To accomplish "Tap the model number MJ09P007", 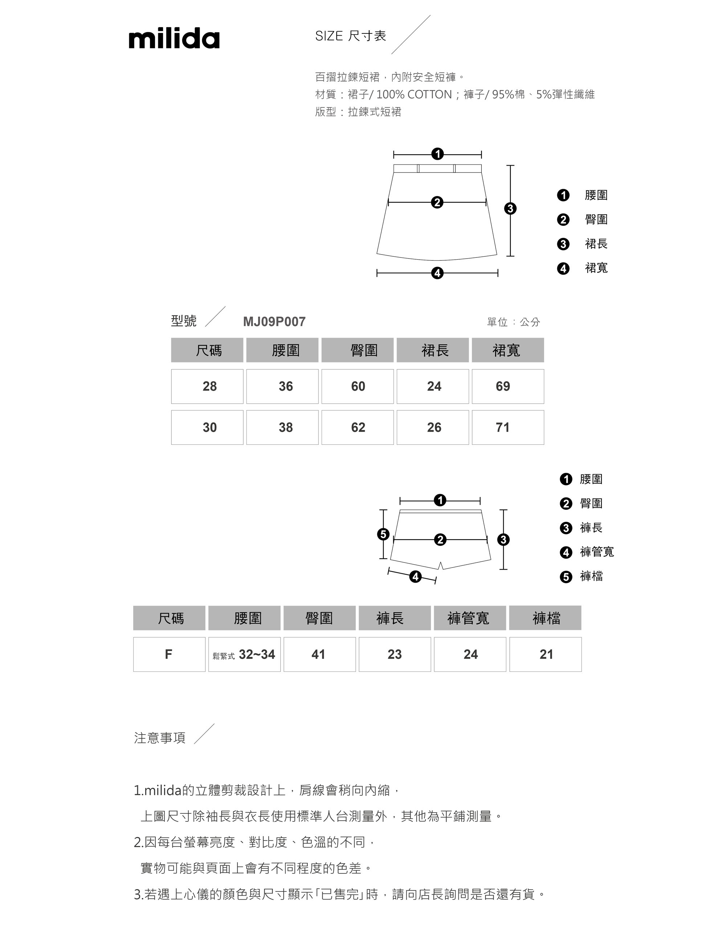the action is pos(274,322).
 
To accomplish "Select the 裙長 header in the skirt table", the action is pos(432,350).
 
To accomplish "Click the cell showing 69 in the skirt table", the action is pos(507,386).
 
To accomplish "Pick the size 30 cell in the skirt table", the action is pos(207,427).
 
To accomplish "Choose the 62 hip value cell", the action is pos(358,427).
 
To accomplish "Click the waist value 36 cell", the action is pos(282,386).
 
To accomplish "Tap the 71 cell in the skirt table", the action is pos(507,427).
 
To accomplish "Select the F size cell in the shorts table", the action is pos(169,654).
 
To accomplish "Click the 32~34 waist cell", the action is pos(244,654).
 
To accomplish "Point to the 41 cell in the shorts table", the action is pos(319,654).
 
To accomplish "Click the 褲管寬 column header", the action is pos(470,618).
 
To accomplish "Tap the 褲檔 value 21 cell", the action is pos(545,654).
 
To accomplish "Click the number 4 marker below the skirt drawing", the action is pos(437,273).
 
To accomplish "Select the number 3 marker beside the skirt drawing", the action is pos(510,208).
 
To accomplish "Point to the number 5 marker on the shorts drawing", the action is pos(383,534).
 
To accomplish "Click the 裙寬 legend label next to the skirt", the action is pos(596,268).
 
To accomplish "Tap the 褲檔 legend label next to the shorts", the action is pos(591,576).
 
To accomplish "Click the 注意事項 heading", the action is pos(160,738).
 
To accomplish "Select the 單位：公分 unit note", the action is pos(513,322).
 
